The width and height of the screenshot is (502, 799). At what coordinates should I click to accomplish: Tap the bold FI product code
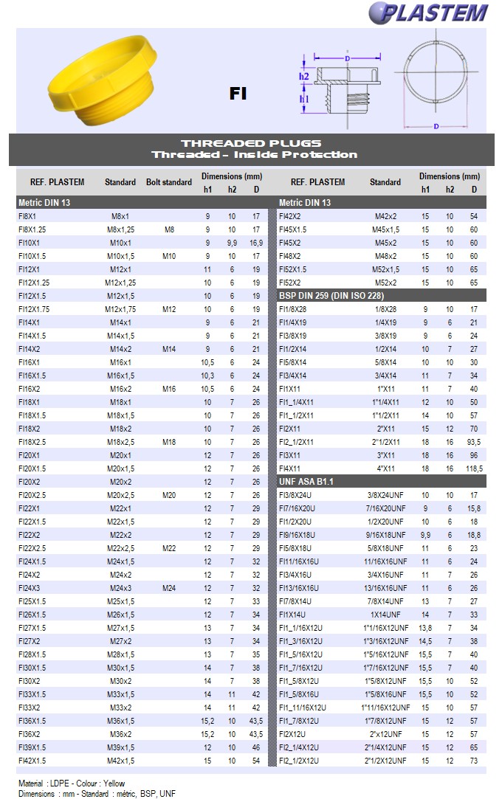coord(238,94)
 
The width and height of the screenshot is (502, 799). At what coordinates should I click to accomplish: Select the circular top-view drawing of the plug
coord(435,77)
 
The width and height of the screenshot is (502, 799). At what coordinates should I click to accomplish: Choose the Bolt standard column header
coord(169,182)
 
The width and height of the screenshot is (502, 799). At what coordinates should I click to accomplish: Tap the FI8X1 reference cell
coord(27,216)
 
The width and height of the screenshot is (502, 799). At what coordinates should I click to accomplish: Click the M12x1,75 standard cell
coord(120,309)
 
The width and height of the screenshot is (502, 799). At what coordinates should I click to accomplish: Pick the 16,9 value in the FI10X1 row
coord(255,243)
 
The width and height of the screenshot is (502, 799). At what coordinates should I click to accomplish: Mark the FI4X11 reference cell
coord(290,468)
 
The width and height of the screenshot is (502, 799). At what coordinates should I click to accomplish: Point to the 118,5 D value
coord(474,468)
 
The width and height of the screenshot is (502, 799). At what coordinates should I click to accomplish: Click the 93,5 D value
coord(474,441)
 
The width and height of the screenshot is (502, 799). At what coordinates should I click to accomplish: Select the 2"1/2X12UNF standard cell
coord(386,760)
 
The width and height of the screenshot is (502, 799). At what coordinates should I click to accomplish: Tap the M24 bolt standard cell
coord(169,587)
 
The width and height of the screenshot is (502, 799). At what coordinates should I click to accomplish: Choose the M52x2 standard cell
coord(385,283)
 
